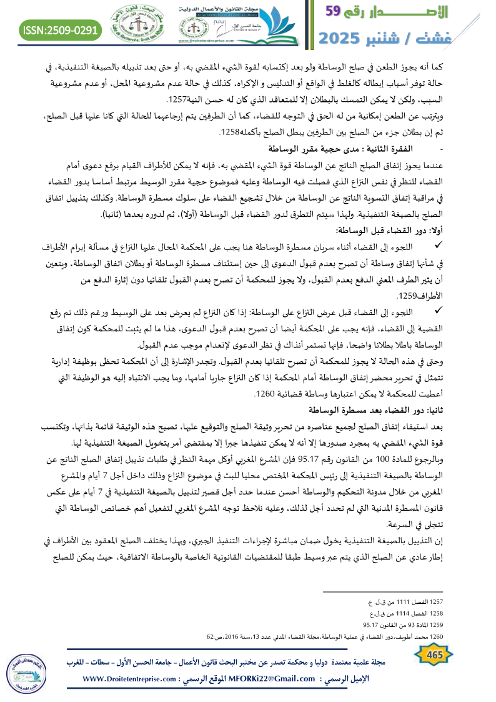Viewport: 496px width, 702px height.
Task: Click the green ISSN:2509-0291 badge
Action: [61, 29]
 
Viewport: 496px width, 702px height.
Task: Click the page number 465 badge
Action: [430, 654]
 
